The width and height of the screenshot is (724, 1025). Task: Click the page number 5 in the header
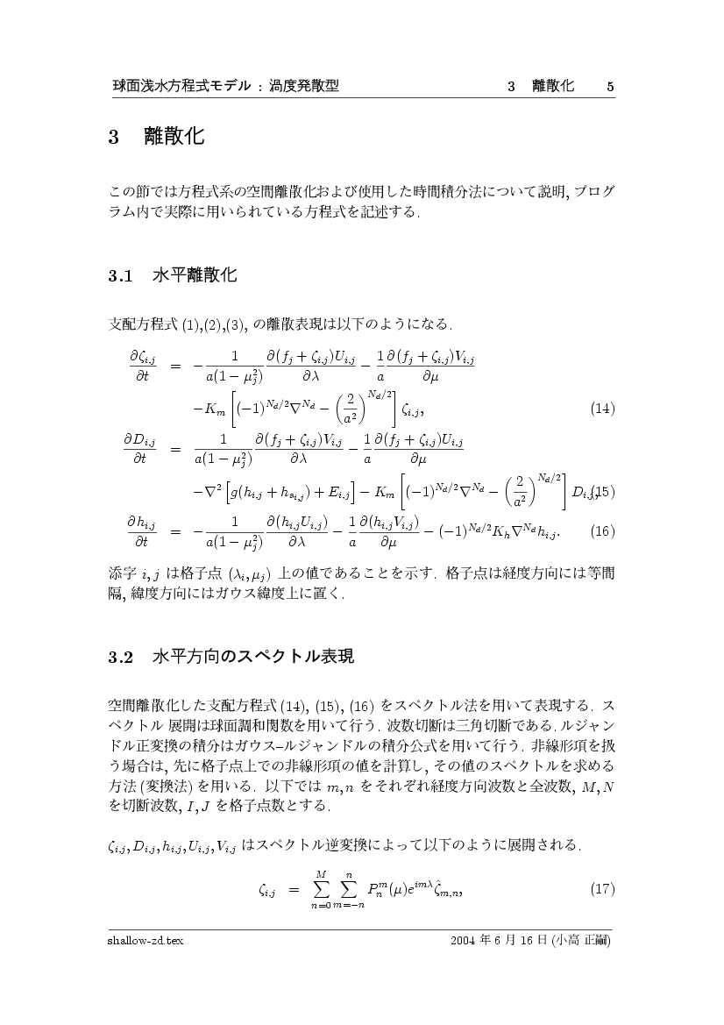[610, 86]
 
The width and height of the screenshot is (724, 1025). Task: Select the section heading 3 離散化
[156, 137]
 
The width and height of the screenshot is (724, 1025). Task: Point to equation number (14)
[602, 409]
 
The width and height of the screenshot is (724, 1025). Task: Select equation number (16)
[602, 530]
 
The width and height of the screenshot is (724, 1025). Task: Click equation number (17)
[602, 890]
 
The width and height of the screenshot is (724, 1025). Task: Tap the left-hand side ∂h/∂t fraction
[141, 530]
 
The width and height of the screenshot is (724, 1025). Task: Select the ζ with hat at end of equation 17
[447, 890]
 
